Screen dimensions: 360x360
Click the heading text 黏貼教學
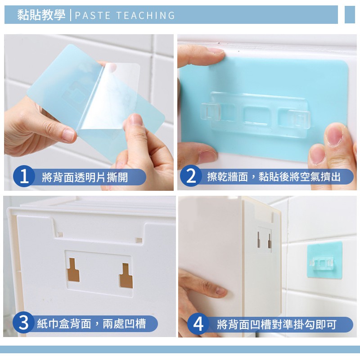(x=41, y=15)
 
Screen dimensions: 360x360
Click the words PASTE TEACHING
(x=125, y=15)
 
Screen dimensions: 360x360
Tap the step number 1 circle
(x=24, y=176)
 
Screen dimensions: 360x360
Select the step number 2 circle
(x=191, y=176)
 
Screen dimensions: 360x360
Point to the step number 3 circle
(x=23, y=323)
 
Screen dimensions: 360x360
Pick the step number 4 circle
(x=198, y=324)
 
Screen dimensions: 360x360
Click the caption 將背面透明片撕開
(x=85, y=177)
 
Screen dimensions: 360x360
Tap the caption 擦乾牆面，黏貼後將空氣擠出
(x=274, y=176)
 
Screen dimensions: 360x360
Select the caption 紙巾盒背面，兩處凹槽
(x=91, y=324)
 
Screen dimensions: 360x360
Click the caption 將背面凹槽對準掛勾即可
(x=276, y=324)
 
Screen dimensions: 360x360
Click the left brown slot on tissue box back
(x=73, y=270)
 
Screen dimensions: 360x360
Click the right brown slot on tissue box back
(x=126, y=275)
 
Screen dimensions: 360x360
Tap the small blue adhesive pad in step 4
(x=324, y=260)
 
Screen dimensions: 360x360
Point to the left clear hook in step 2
(x=211, y=112)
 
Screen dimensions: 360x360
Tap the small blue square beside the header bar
(x=350, y=15)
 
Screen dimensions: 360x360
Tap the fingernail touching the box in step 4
(x=221, y=291)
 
